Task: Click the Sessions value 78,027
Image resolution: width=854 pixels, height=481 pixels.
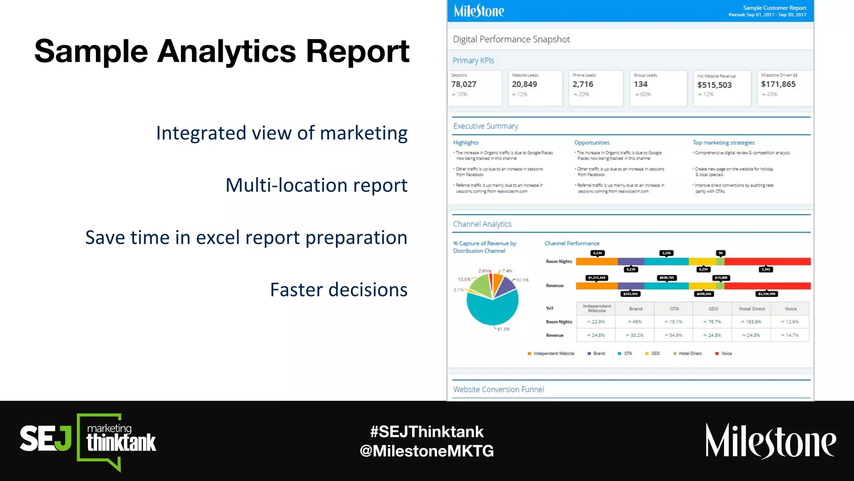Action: (464, 84)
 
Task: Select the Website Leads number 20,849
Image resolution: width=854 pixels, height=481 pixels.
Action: (524, 84)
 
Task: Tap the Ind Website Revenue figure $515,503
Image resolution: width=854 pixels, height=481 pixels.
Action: (714, 85)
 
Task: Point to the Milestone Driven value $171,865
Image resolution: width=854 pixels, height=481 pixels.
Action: (778, 84)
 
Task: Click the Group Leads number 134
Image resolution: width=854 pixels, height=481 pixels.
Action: (640, 84)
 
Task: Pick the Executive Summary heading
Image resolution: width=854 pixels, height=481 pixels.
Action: (485, 126)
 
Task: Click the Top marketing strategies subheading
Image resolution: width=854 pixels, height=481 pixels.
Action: (723, 143)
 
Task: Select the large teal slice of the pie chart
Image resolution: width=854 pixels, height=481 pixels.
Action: (492, 311)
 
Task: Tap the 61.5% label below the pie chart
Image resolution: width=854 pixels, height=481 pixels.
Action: (503, 329)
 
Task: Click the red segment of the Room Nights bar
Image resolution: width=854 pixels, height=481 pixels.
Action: (767, 262)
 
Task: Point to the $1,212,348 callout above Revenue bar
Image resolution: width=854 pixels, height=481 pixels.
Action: (597, 278)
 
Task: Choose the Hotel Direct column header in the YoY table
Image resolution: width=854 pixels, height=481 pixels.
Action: (752, 309)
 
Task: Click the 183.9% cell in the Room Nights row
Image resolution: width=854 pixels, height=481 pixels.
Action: (751, 322)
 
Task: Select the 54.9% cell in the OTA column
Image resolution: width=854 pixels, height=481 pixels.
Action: (674, 335)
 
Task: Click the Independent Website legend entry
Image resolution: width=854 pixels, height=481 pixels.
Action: (551, 354)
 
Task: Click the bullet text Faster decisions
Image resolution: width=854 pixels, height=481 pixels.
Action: (339, 290)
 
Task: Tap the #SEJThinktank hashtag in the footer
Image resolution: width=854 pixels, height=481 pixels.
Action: (427, 432)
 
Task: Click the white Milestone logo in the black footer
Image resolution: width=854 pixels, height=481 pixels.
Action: (770, 441)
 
